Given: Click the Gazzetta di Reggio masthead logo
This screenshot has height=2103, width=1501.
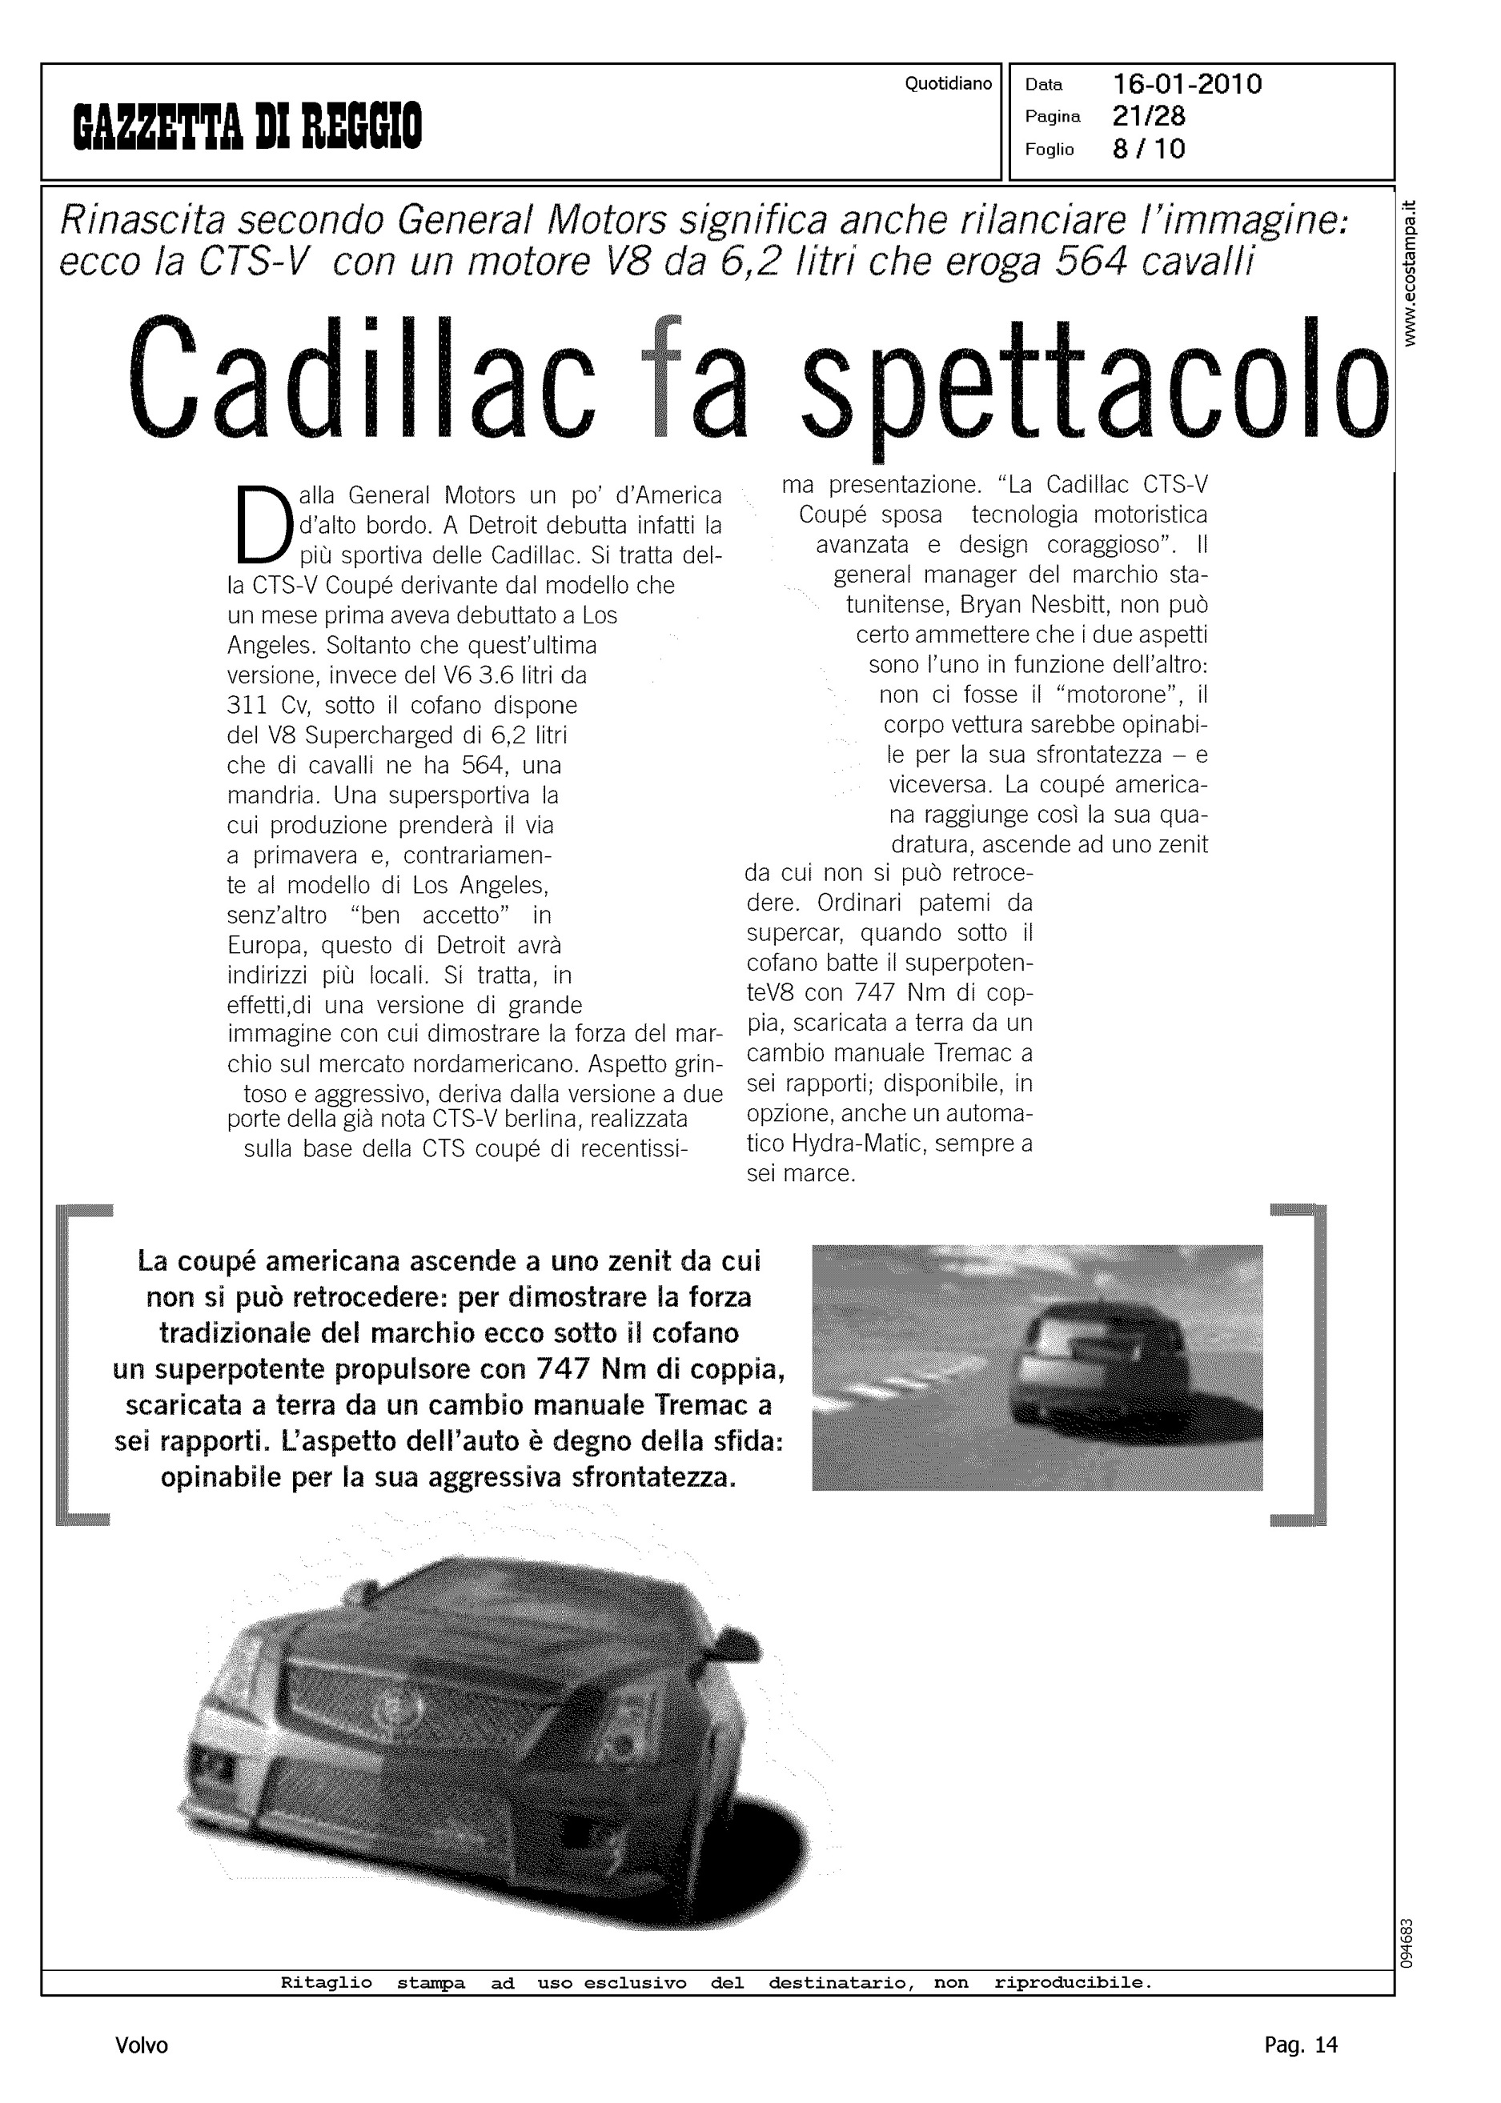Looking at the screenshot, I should click(x=247, y=126).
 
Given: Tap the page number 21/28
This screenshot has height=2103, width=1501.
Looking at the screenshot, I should click(x=1149, y=116).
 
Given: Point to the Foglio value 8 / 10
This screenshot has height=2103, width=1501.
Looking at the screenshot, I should click(x=1149, y=149).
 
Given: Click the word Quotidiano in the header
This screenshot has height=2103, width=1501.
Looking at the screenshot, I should click(x=949, y=84).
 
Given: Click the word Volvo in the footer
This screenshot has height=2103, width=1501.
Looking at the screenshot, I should click(x=142, y=2045).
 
